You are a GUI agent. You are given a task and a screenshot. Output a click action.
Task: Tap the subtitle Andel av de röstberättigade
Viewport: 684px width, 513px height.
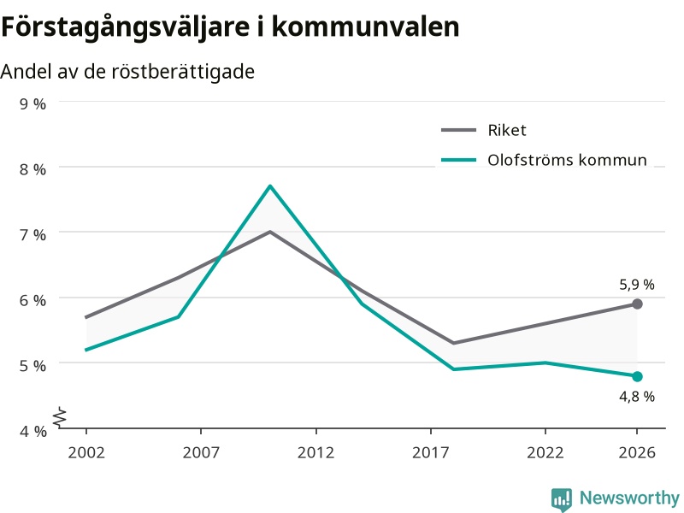pos(127,72)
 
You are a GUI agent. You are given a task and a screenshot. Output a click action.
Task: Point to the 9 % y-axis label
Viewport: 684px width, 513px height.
pos(32,104)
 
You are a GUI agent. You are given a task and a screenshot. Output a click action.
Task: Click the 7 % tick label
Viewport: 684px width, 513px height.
pos(32,235)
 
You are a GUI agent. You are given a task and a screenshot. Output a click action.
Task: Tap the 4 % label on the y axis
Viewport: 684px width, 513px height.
pos(32,432)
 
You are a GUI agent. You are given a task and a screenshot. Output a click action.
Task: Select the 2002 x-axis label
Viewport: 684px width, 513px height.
pos(86,453)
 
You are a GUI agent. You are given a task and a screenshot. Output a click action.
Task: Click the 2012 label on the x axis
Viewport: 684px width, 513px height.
pos(315,453)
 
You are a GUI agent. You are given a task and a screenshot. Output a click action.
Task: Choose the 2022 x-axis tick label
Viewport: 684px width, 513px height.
pos(545,453)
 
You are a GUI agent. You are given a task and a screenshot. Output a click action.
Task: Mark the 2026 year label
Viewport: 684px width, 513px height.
pos(637,453)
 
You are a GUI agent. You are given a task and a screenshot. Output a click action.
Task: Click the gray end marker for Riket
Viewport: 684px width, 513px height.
pos(637,304)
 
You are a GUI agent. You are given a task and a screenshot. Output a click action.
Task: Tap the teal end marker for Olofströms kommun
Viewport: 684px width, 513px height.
pos(637,376)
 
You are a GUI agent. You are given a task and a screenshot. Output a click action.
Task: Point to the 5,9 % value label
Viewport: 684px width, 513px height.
pos(637,285)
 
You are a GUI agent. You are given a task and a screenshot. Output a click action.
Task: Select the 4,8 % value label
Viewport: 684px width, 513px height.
pos(637,397)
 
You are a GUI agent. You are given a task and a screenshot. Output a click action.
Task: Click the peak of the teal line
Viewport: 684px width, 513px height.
pos(270,186)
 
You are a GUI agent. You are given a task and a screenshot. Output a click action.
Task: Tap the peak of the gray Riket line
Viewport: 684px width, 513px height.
pos(270,232)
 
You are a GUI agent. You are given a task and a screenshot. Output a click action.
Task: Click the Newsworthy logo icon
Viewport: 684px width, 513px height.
pos(562,499)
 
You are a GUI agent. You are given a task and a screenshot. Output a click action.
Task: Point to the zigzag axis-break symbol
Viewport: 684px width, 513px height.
pos(60,416)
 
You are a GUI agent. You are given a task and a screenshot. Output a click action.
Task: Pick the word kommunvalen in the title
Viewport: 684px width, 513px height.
pos(366,27)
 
